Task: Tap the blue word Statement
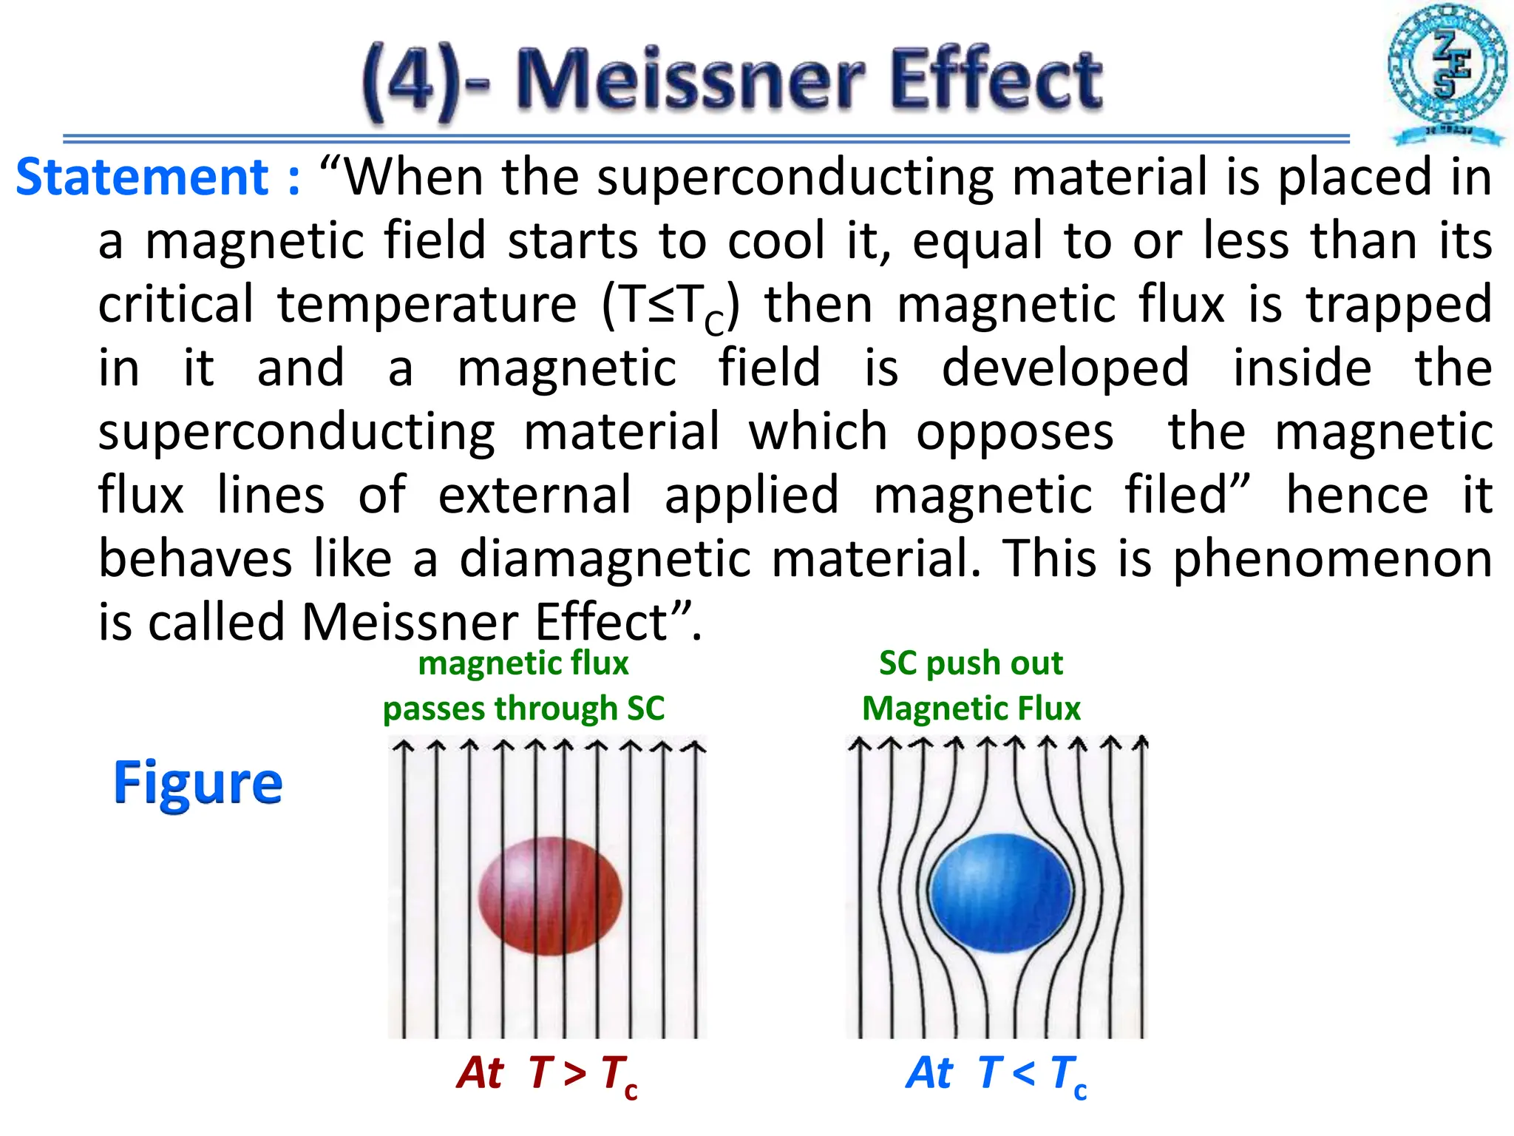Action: [x=143, y=178]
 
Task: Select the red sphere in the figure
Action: [x=550, y=896]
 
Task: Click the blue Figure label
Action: [x=197, y=782]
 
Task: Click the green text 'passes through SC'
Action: [x=523, y=709]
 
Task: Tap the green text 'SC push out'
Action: [x=971, y=663]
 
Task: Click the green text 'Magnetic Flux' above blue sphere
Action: [x=971, y=709]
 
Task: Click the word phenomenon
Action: [x=1332, y=560]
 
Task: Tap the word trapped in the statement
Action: [x=1399, y=305]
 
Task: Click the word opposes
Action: [x=1014, y=432]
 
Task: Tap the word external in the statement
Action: [x=534, y=495]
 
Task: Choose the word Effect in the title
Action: [x=996, y=78]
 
